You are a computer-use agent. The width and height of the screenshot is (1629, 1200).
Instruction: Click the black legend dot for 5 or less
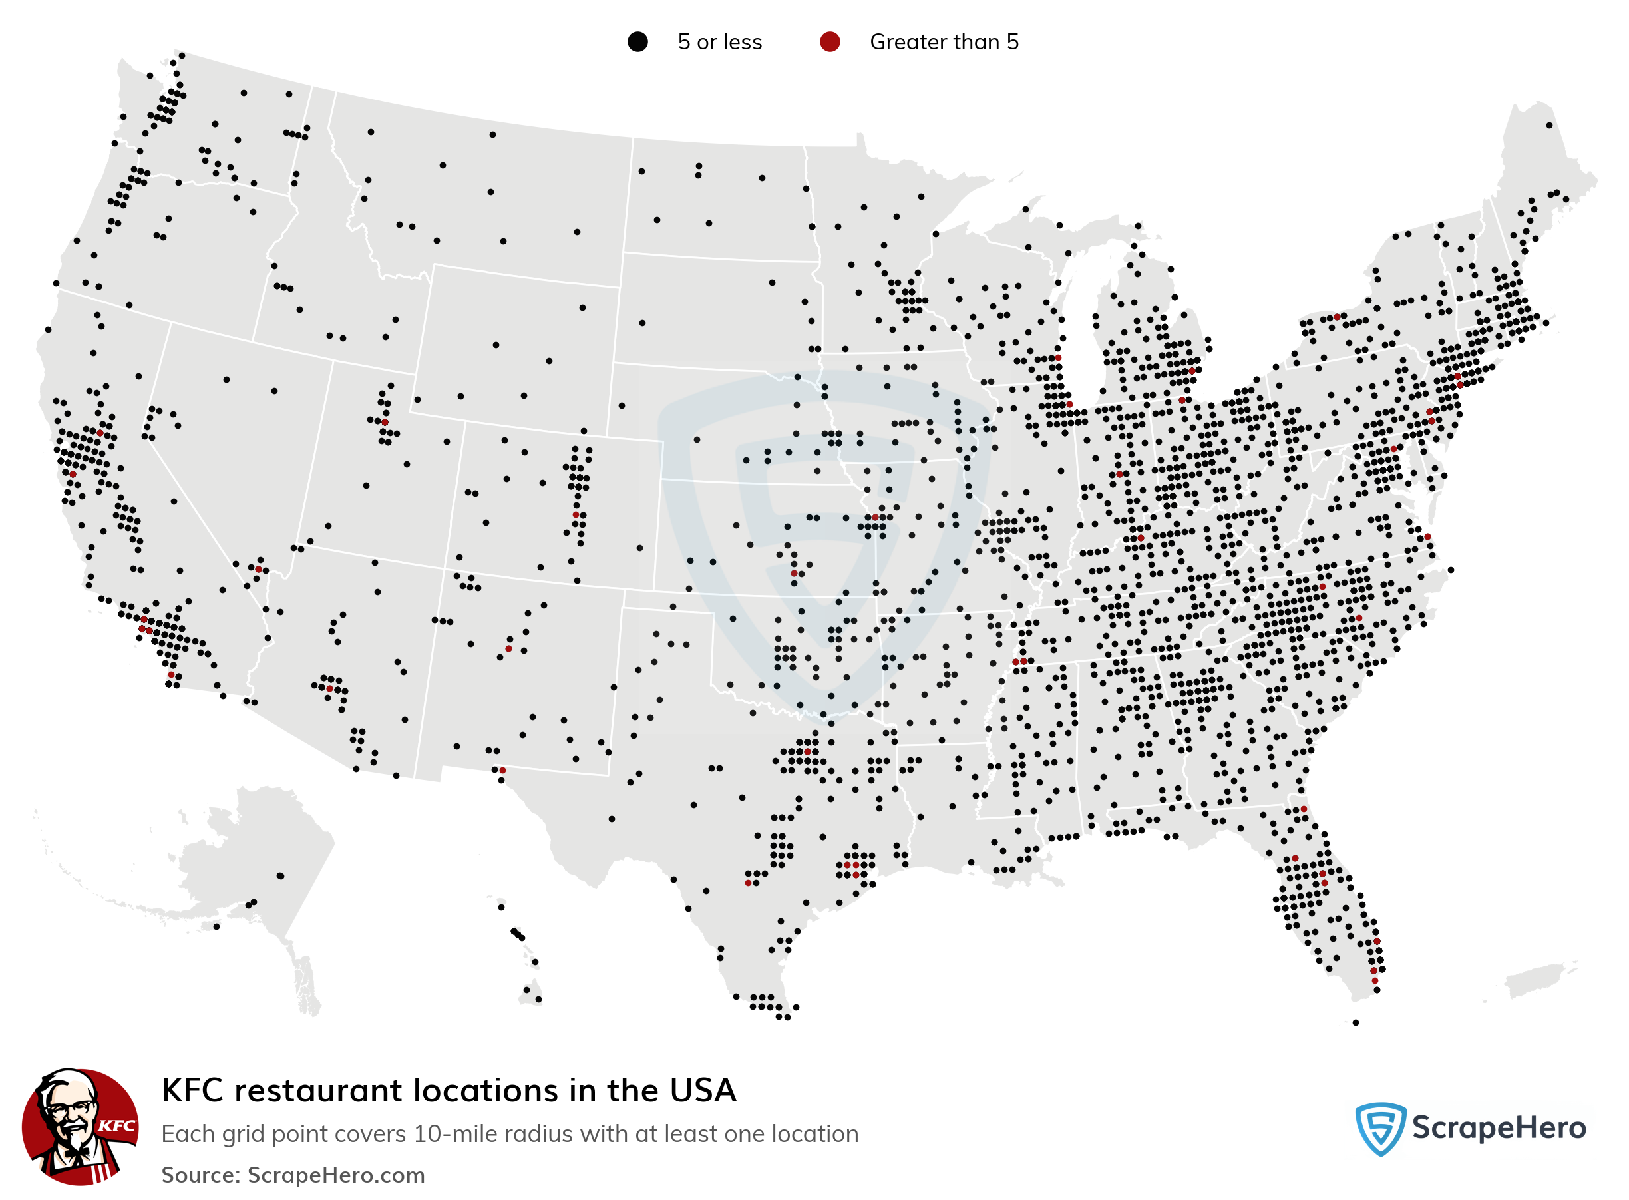[637, 42]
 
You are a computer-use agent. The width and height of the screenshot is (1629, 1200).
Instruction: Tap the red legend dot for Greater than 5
[829, 42]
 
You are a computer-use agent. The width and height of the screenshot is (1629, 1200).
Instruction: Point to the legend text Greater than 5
[944, 42]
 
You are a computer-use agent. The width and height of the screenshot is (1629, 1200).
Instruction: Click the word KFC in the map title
[192, 1090]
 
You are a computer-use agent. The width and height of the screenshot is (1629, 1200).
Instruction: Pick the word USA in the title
[702, 1090]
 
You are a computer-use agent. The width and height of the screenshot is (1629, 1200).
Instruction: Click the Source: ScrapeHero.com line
[293, 1175]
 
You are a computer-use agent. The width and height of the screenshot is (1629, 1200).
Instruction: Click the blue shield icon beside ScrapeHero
[1380, 1128]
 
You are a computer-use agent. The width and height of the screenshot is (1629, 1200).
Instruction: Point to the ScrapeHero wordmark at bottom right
[1499, 1128]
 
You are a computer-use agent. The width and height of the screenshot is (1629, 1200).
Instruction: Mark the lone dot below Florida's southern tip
[1356, 1023]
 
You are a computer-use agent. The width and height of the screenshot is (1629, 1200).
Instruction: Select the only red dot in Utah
[385, 422]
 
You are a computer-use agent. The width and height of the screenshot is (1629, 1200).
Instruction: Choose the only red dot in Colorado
[576, 515]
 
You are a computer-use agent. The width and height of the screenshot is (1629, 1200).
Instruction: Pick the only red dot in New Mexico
[508, 649]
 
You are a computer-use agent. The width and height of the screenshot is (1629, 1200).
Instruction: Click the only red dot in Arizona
[329, 688]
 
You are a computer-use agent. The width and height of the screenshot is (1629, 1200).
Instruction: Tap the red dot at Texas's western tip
[502, 770]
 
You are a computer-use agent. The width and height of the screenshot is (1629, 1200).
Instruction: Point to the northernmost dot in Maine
[1549, 126]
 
